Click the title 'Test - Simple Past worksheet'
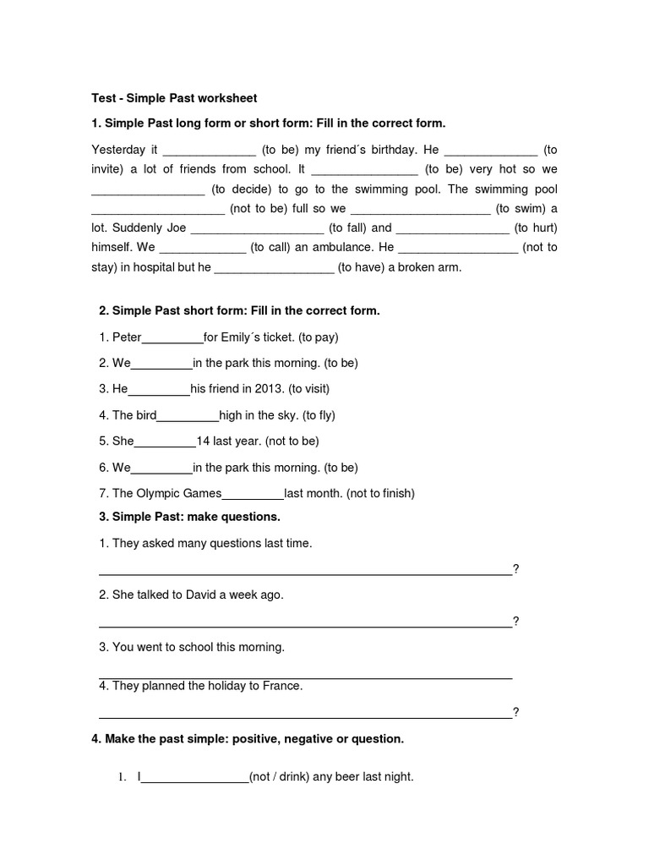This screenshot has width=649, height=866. (173, 98)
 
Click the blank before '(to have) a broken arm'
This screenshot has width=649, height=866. (274, 268)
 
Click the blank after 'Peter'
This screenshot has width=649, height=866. (172, 338)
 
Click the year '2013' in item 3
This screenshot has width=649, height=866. (268, 390)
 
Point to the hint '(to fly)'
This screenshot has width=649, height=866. (317, 415)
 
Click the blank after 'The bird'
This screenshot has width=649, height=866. (188, 416)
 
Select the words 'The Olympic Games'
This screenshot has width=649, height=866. (166, 494)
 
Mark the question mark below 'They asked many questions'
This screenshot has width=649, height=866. (515, 569)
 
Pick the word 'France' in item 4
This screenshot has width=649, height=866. (281, 686)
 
